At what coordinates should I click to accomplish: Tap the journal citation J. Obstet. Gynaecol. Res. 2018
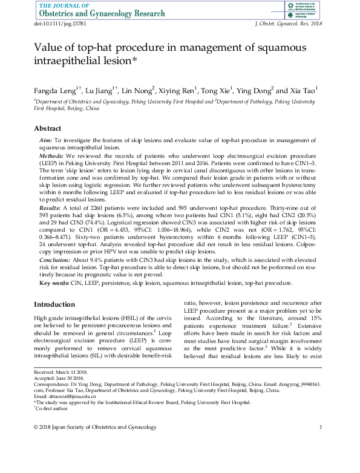click(287, 22)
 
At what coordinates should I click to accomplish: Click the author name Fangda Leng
click(55, 91)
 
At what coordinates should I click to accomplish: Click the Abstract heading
click(48, 129)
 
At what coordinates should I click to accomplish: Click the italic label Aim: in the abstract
click(46, 140)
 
